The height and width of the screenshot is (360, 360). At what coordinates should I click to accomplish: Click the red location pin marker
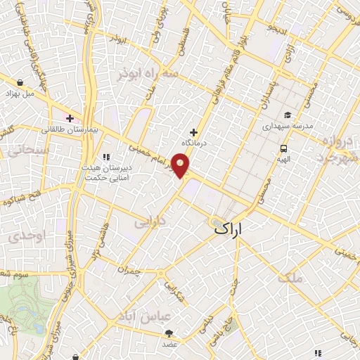pos(181,166)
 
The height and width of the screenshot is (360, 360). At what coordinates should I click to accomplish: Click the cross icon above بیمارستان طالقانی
pos(70,118)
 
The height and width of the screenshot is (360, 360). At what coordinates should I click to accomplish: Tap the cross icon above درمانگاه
pos(194,131)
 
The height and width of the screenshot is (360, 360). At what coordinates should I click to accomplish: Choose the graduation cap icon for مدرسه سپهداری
pos(287,115)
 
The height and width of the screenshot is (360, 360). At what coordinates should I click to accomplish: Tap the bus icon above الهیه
pos(283,148)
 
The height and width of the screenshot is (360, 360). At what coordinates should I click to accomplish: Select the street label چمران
pos(130,270)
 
